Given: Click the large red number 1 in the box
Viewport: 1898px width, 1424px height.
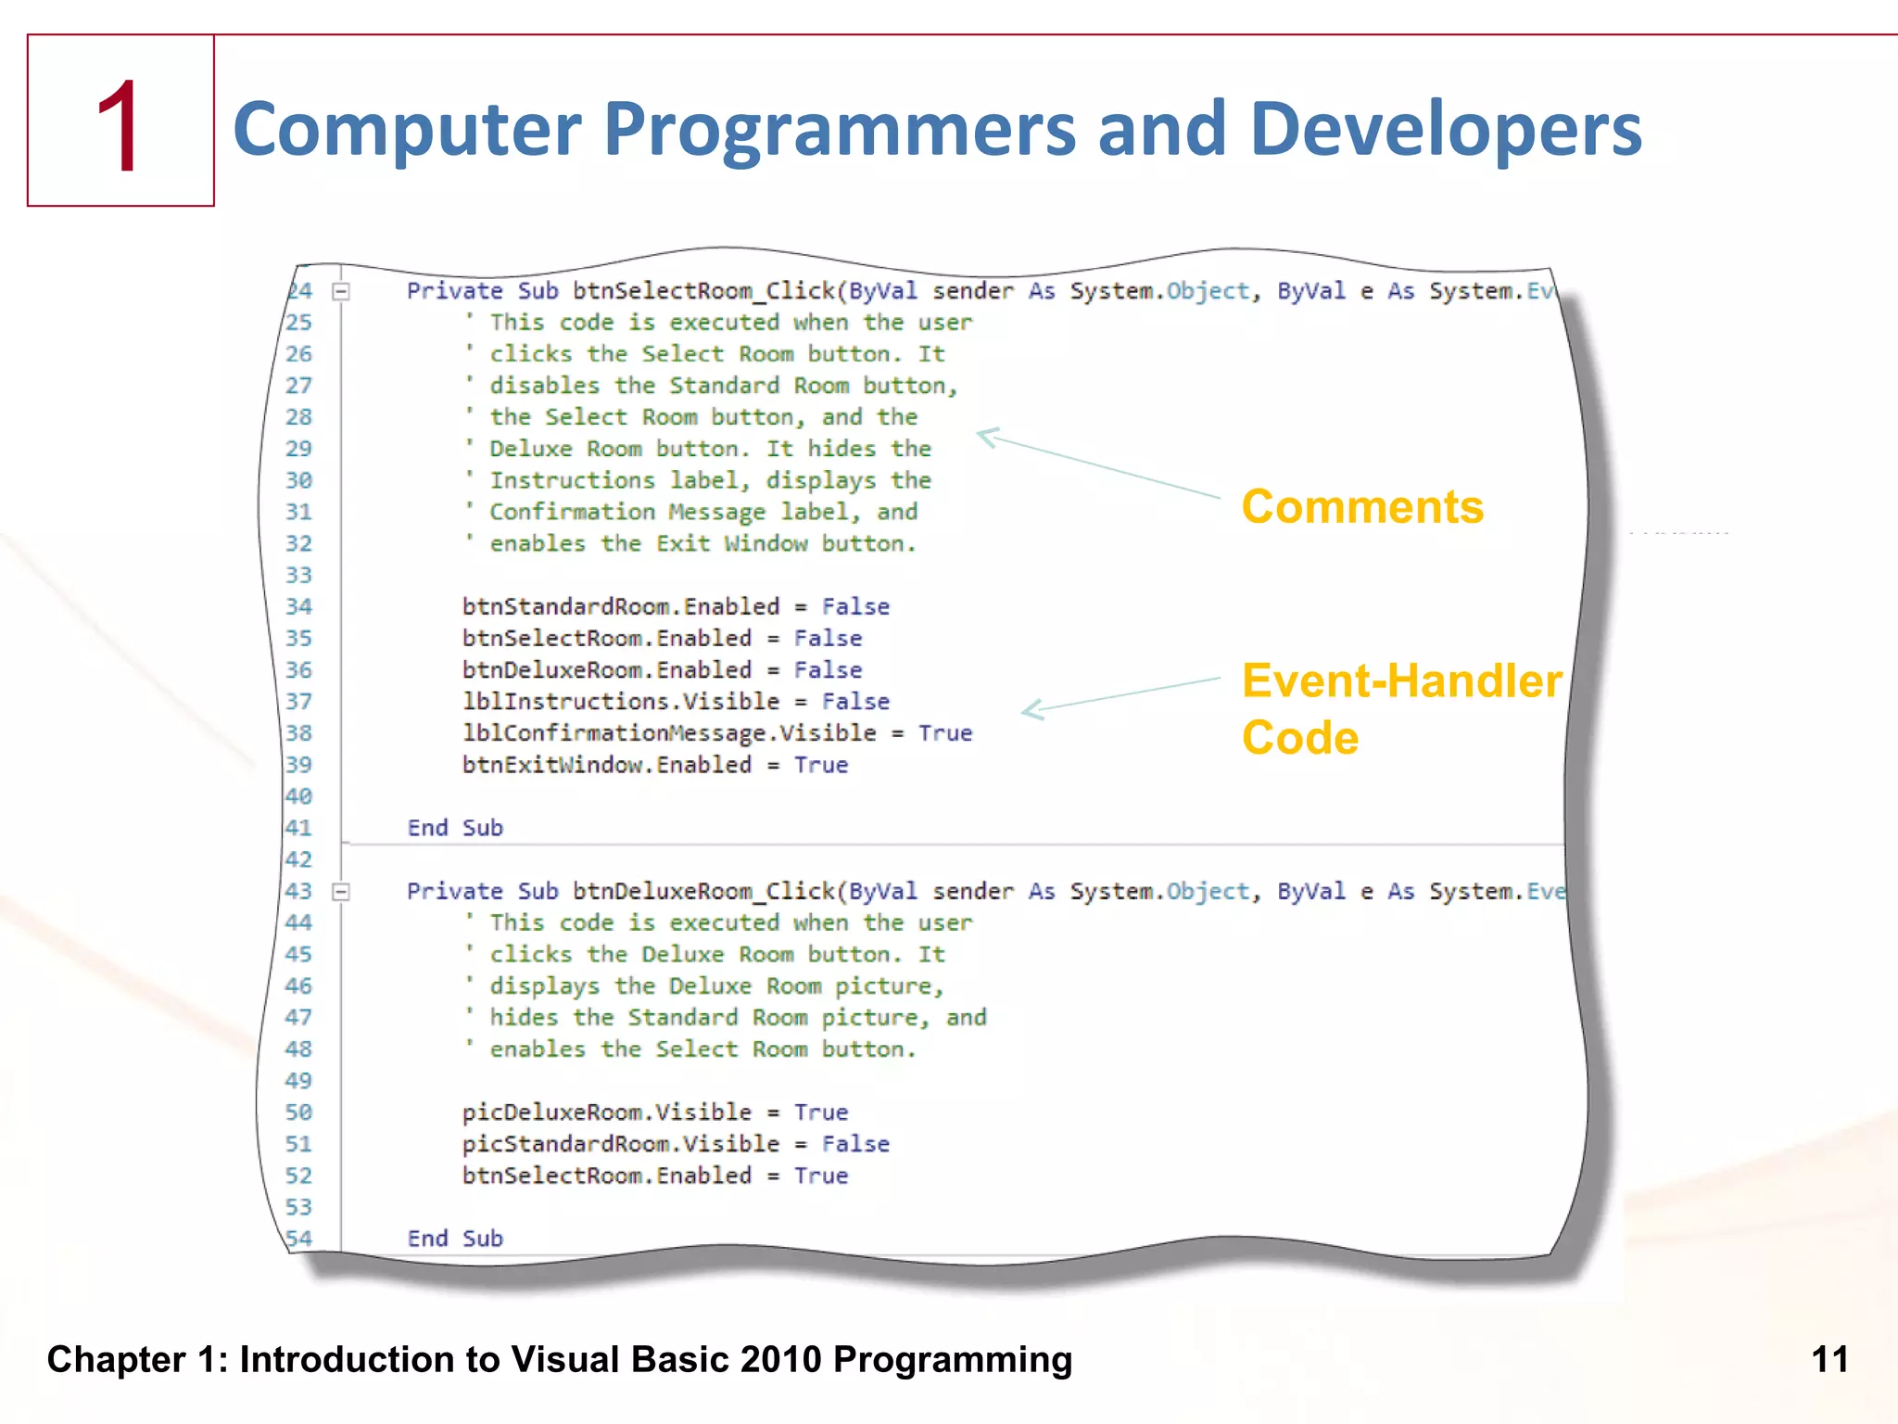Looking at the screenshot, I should tap(120, 126).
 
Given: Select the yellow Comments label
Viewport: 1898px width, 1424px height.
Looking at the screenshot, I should tap(1361, 507).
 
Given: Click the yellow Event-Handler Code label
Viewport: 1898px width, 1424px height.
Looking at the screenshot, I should tap(1400, 708).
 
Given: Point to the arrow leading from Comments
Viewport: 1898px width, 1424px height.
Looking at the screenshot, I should tap(1098, 464).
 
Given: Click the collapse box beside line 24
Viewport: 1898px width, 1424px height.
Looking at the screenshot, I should tap(341, 292).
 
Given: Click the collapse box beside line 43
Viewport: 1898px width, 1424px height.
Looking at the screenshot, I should tap(341, 892).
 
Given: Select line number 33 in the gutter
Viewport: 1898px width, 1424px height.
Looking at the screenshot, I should tap(298, 576).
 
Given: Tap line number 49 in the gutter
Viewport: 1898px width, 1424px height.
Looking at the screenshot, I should tap(298, 1081).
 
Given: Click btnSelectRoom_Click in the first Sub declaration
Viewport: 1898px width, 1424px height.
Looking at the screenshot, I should tap(703, 292).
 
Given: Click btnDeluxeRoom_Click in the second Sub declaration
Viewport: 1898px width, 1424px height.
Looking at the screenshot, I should tap(703, 892).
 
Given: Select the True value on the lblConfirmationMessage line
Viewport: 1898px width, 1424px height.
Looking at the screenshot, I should tap(944, 733).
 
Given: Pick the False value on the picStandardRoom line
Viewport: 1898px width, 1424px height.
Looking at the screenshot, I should tap(854, 1144).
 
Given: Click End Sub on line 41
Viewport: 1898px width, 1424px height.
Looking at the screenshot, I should tap(455, 828).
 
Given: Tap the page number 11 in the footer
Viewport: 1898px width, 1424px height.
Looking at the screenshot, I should tap(1829, 1360).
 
